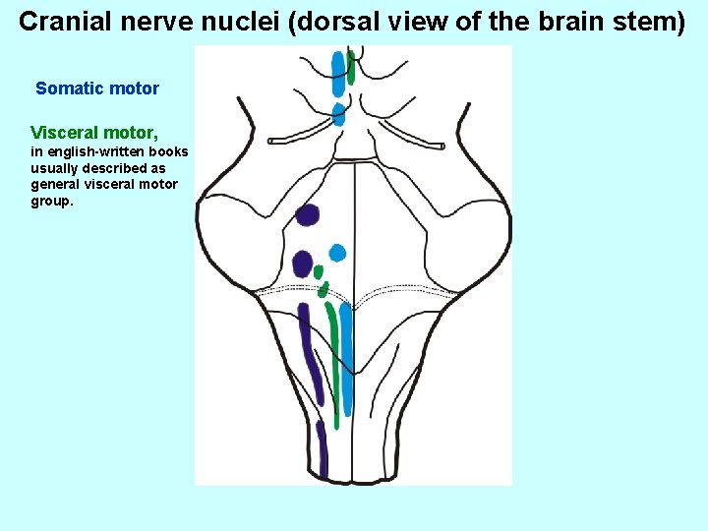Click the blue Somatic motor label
click(x=97, y=88)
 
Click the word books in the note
click(x=169, y=151)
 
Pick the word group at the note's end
click(x=51, y=201)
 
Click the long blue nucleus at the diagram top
click(x=339, y=74)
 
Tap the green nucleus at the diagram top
click(x=351, y=68)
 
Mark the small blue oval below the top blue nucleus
click(x=338, y=114)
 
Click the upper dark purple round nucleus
click(x=308, y=215)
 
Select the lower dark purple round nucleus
click(x=303, y=264)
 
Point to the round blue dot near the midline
click(x=337, y=253)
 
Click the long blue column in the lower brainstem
click(x=345, y=359)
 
